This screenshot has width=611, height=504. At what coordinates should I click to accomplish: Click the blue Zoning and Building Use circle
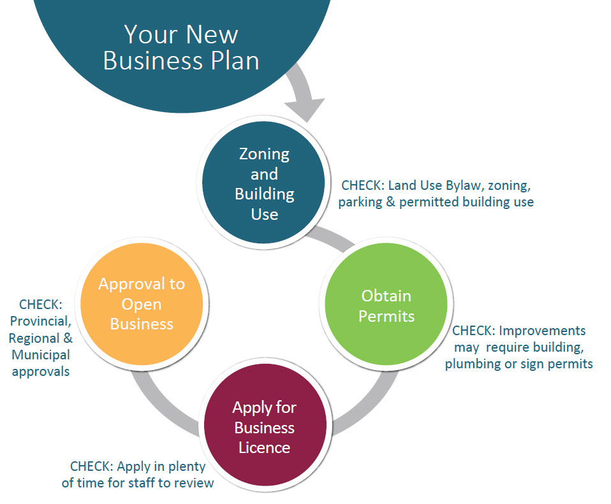[x=264, y=182]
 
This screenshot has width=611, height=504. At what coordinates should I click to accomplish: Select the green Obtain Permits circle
[x=386, y=304]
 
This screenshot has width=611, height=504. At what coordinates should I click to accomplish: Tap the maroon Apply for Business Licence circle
[x=265, y=425]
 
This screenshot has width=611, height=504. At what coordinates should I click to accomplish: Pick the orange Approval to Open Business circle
[x=142, y=304]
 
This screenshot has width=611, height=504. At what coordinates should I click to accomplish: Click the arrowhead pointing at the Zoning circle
[x=305, y=109]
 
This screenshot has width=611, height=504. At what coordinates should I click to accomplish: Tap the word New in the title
[x=212, y=34]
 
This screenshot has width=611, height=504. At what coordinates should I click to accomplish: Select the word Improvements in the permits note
[x=542, y=331]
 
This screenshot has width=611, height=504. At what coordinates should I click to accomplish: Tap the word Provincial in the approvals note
[x=41, y=321]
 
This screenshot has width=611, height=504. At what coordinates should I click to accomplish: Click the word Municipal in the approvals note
[x=41, y=354]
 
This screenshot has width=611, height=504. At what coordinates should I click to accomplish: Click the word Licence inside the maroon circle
[x=264, y=447]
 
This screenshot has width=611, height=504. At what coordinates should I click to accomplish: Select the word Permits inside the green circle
[x=386, y=316]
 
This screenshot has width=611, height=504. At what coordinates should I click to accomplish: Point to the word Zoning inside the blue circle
[x=264, y=154]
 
